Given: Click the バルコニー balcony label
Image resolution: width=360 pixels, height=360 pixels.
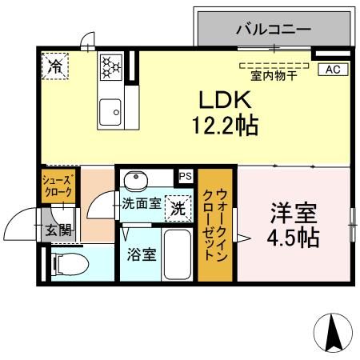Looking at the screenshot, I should click(x=273, y=30).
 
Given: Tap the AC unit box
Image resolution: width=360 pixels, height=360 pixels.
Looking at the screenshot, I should click(x=334, y=70).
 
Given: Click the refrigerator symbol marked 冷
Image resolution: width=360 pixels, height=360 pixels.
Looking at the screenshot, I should click(x=56, y=66).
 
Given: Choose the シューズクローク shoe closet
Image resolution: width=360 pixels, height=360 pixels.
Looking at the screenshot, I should click(x=58, y=186).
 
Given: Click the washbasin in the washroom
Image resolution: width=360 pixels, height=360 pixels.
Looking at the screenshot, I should click(x=137, y=179).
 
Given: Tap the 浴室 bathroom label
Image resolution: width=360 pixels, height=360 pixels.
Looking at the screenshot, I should click(x=141, y=256).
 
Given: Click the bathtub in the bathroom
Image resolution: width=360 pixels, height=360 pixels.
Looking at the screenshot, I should click(x=176, y=254).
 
